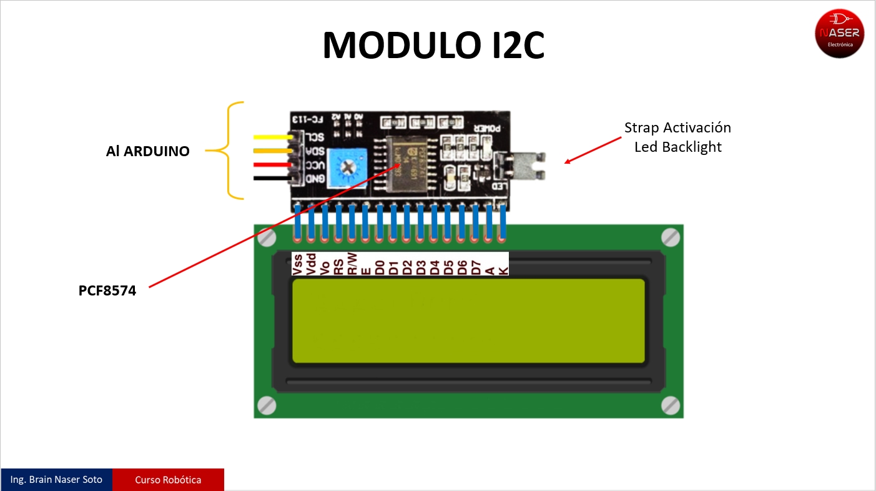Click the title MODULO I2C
(x=433, y=45)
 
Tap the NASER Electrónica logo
(x=839, y=34)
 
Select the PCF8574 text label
(x=107, y=290)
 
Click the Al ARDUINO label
(x=147, y=151)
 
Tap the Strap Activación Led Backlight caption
(x=677, y=137)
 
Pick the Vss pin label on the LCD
(x=297, y=264)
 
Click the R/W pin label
(x=352, y=264)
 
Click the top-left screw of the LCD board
(x=267, y=237)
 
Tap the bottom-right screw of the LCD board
(x=670, y=405)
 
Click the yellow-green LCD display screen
(x=468, y=320)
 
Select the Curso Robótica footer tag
(x=168, y=480)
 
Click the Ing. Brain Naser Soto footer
(x=56, y=480)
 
